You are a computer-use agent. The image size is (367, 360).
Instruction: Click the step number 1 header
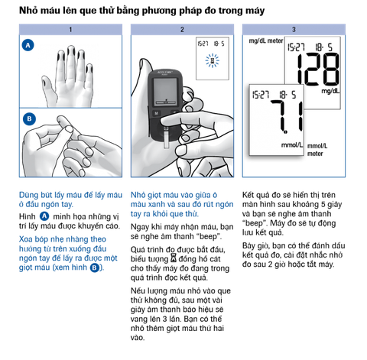coord(70,30)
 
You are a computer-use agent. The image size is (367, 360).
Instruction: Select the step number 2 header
coord(182,30)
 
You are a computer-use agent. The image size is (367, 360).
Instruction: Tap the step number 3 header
coord(294,30)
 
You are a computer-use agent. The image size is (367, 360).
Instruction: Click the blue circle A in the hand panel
coord(28,45)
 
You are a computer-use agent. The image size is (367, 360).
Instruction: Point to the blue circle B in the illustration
coord(29,119)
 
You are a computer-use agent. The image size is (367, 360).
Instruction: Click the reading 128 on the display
coord(318,70)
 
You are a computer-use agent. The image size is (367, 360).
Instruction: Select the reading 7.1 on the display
coord(287,116)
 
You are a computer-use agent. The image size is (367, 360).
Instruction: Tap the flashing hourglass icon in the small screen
coord(213,61)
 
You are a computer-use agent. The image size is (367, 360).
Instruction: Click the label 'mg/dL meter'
coord(266,41)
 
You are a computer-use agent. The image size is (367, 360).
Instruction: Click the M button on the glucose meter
coord(156,113)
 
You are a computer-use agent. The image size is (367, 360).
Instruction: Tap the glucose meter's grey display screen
coord(165,92)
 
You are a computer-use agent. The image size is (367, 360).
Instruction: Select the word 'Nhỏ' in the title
coord(28,11)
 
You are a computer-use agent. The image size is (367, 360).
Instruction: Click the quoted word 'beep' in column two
coord(208,236)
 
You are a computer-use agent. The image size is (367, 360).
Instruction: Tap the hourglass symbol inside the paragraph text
coord(174,258)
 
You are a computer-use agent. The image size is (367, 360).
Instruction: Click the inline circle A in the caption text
coord(44,216)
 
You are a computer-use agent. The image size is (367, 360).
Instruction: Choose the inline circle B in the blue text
coord(95,268)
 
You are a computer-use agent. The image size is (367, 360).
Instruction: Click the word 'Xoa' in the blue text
coord(26,239)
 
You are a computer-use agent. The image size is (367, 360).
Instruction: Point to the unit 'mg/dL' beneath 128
coord(330,91)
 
